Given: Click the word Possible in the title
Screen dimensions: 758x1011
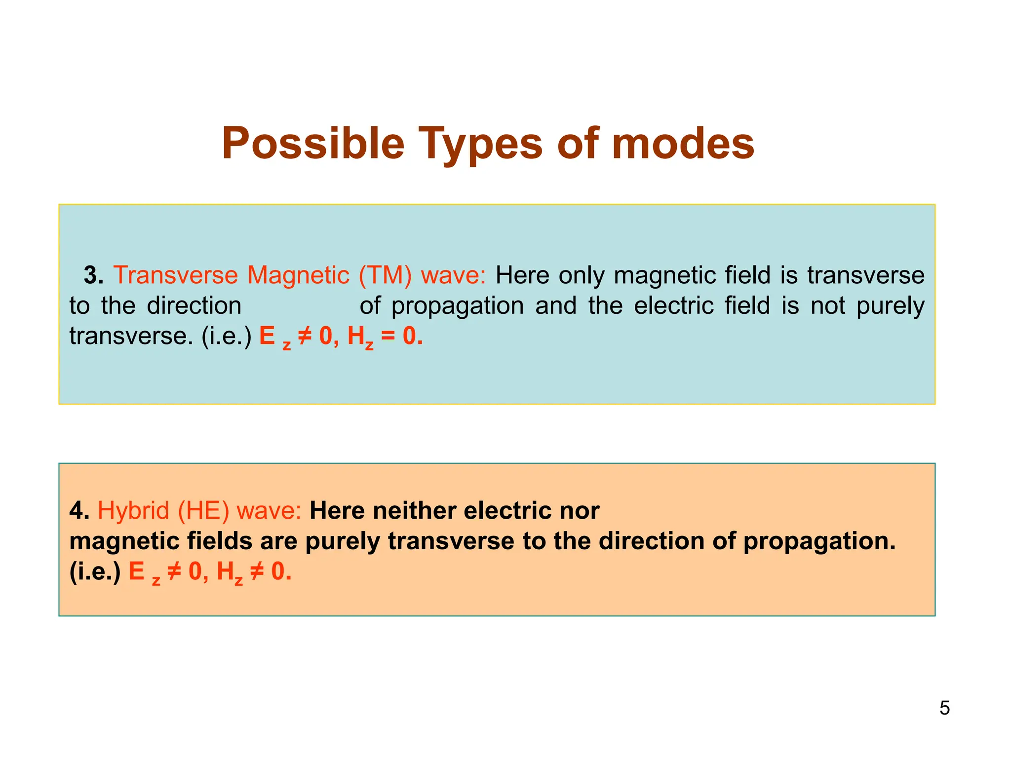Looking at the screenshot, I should click(x=313, y=144).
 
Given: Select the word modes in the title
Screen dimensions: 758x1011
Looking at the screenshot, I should click(x=683, y=144).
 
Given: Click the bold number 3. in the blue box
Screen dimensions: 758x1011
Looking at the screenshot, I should click(x=93, y=275).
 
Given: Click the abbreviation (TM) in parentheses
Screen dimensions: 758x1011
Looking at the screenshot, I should click(x=385, y=275).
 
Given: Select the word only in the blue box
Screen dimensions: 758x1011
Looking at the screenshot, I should click(x=581, y=275).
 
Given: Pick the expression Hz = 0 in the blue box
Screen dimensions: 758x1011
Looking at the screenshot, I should click(x=385, y=337).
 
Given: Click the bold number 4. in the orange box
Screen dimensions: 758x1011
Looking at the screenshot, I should click(x=79, y=510).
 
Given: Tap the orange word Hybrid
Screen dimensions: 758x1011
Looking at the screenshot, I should click(x=133, y=510).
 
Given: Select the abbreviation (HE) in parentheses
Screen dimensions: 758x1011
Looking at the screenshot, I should click(x=203, y=510).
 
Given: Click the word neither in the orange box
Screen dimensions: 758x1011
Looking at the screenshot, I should click(x=414, y=510).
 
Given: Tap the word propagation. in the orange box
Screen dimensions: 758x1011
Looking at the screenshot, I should click(x=819, y=542).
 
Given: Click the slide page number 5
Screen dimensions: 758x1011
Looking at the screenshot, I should click(x=944, y=708).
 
